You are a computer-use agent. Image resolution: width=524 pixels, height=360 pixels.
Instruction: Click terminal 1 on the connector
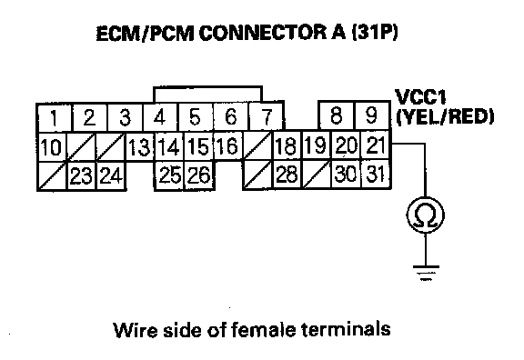(54, 117)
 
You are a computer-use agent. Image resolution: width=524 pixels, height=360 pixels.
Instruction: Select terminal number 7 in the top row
(266, 116)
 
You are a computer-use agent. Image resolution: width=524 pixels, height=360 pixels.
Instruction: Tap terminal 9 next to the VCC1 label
(371, 115)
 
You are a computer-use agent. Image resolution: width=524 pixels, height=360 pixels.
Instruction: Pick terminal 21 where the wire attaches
(375, 145)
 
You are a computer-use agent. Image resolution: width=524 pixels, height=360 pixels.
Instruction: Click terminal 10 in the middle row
(52, 147)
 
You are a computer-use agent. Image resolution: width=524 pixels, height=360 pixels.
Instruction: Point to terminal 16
(228, 145)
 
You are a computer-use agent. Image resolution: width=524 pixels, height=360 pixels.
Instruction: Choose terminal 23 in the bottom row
(82, 175)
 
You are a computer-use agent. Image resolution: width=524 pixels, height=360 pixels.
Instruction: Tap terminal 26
(199, 175)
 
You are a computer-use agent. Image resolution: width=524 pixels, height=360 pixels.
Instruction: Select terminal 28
(287, 175)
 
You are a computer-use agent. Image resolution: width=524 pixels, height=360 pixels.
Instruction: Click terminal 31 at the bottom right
(376, 174)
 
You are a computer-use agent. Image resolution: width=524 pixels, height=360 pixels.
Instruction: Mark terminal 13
(139, 147)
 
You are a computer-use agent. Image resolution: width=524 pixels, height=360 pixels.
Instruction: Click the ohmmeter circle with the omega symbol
(426, 215)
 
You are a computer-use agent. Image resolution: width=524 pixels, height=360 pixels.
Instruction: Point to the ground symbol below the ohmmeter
(426, 273)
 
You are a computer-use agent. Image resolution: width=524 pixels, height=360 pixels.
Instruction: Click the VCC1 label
(420, 97)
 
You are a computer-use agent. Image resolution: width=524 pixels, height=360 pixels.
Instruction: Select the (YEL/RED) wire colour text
(445, 116)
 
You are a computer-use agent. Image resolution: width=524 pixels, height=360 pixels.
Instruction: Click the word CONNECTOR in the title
(263, 33)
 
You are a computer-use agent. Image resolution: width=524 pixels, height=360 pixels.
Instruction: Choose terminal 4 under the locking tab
(160, 117)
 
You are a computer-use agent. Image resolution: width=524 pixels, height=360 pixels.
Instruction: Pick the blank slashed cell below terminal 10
(52, 176)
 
